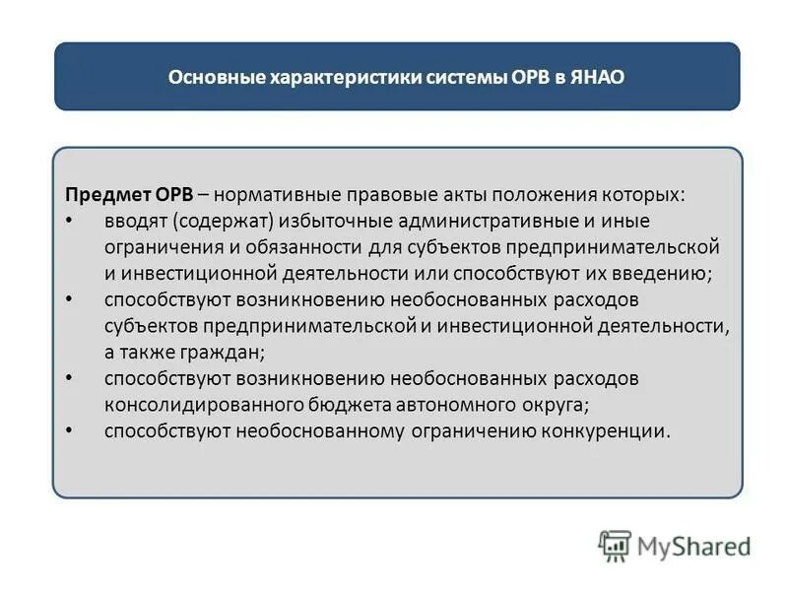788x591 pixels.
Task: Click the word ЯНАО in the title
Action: coord(598,77)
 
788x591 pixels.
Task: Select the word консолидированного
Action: coord(193,404)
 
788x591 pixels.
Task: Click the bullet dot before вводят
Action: coord(69,220)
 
